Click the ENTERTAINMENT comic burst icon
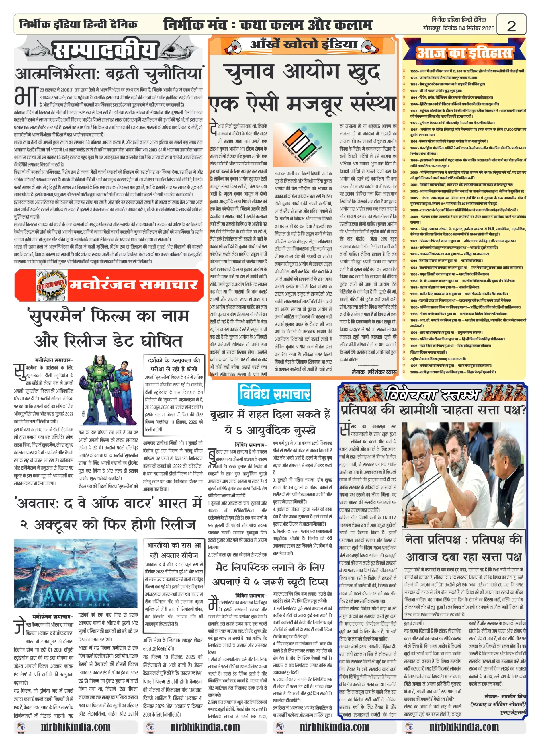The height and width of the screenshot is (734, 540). point(51,285)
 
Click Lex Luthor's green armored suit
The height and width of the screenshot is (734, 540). point(98,389)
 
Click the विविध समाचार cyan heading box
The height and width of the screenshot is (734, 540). point(274,393)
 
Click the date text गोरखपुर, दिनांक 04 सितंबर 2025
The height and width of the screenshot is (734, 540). point(458,28)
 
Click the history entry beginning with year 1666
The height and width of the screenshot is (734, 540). point(467,71)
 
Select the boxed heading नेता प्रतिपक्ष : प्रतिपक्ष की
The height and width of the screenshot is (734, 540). point(463,540)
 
